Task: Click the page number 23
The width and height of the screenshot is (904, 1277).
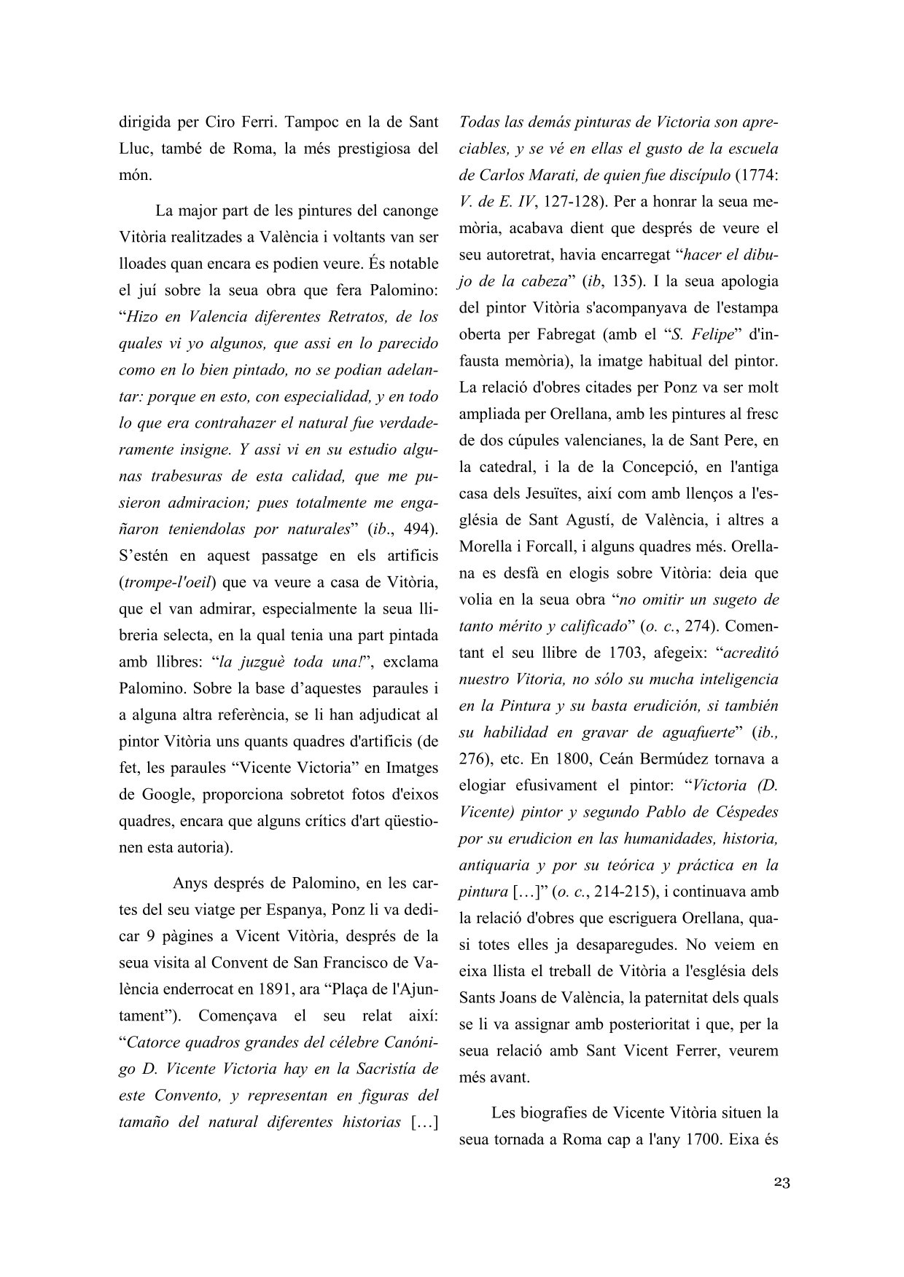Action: coord(782,1182)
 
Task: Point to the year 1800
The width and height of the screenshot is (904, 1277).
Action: coord(560,758)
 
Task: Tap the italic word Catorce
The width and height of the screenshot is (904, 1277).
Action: coord(157,1043)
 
